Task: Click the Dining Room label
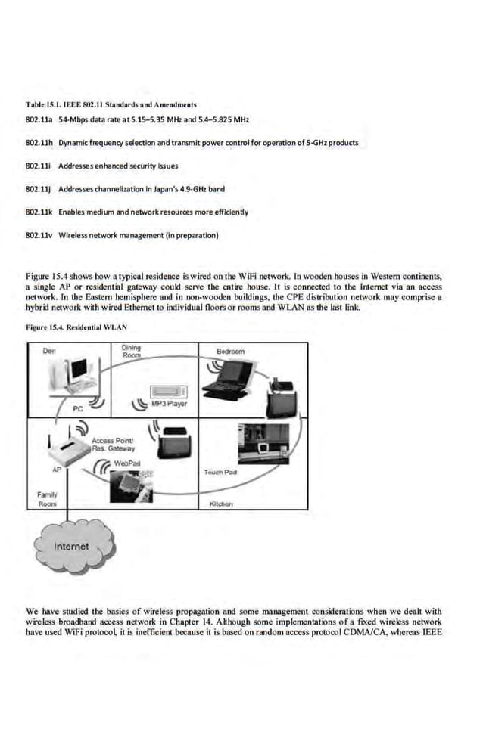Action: [132, 351]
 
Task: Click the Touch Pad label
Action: [221, 472]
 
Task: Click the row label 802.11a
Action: [39, 120]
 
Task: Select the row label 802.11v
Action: [39, 235]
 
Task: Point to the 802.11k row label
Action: [39, 212]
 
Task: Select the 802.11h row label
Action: [39, 143]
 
